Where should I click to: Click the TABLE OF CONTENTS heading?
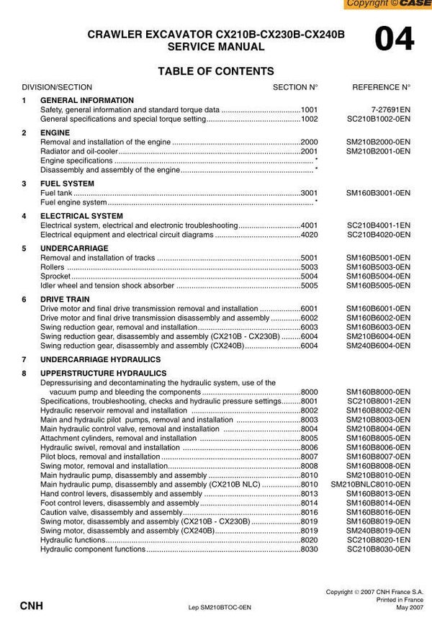coord(215,71)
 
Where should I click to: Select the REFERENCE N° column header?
coord(381,86)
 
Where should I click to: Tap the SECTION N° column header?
coord(295,86)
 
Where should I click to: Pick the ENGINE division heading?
coord(55,133)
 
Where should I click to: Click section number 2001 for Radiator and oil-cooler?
coord(309,152)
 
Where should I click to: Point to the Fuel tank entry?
coord(56,193)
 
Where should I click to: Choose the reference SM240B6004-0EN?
coord(378,346)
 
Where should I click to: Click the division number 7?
coord(24,359)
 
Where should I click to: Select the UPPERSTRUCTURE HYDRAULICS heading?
coord(103,373)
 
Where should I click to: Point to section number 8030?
coord(309,549)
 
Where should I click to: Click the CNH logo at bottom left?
coord(31,606)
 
